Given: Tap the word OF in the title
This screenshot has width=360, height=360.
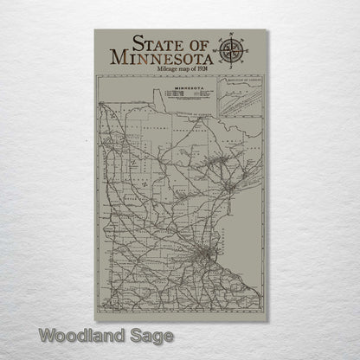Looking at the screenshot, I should click(x=200, y=42).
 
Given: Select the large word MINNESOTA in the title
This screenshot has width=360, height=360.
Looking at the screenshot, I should click(x=163, y=57).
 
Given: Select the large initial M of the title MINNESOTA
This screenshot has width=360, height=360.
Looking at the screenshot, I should click(x=119, y=57).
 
